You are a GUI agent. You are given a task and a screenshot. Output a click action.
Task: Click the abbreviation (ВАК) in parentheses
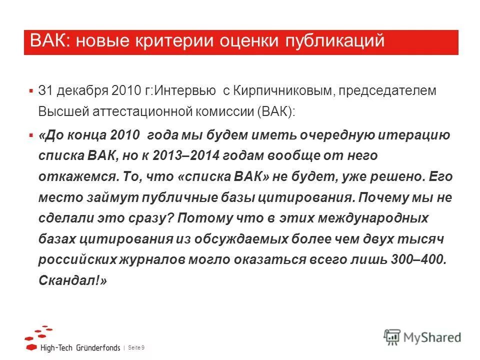point(277,111)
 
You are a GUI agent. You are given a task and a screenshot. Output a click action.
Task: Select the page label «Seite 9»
point(136,347)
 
